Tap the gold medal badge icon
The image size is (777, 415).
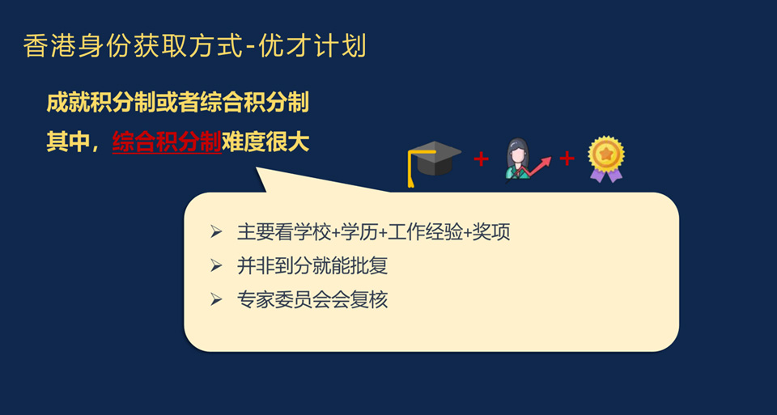point(605,159)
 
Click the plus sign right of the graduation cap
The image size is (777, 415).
point(481,159)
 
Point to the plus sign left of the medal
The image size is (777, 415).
point(567,159)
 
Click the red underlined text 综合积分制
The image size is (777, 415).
point(167,142)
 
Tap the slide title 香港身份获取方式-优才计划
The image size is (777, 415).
point(195,47)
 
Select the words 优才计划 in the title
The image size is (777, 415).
point(312,47)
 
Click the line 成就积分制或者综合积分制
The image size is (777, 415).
point(178,103)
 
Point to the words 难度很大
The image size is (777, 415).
point(265,142)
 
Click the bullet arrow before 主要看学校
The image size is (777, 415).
point(215,231)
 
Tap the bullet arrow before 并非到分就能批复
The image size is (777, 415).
point(215,266)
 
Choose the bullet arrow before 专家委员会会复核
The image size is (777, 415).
point(215,299)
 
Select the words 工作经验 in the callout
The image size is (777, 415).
point(425,231)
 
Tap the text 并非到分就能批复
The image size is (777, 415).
point(312,266)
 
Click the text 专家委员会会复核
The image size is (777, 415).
point(312,299)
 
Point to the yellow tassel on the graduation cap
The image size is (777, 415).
point(411,171)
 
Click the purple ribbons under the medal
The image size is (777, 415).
point(606,174)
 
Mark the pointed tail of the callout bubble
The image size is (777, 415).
point(257,167)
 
